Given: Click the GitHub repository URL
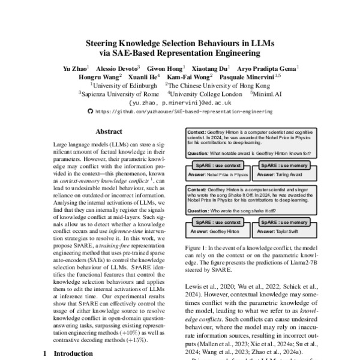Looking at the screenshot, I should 184,111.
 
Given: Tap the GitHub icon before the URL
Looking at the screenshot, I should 91,111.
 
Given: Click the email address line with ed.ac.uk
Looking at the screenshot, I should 180,103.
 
